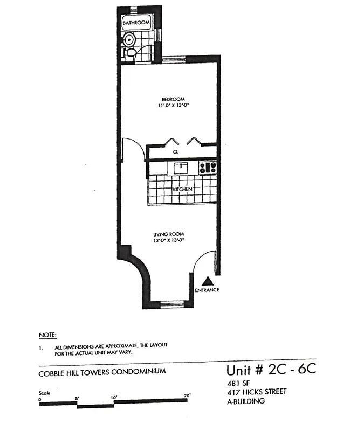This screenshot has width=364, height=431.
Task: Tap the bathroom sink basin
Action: coord(129,40)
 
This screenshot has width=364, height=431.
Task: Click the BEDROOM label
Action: coord(173,99)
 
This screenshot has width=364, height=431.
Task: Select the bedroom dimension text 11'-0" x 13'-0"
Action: coord(173,106)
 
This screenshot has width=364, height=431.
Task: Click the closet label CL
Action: coord(176,153)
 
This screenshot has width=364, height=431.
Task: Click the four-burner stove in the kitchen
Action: coord(207,168)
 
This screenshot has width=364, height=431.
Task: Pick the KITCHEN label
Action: coord(183,190)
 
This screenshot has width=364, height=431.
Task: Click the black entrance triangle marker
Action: coord(208,281)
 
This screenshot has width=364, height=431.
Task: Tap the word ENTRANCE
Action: coord(208,290)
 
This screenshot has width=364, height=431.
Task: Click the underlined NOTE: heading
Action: coord(47,335)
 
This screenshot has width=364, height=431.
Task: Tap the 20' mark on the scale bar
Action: coord(187,395)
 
